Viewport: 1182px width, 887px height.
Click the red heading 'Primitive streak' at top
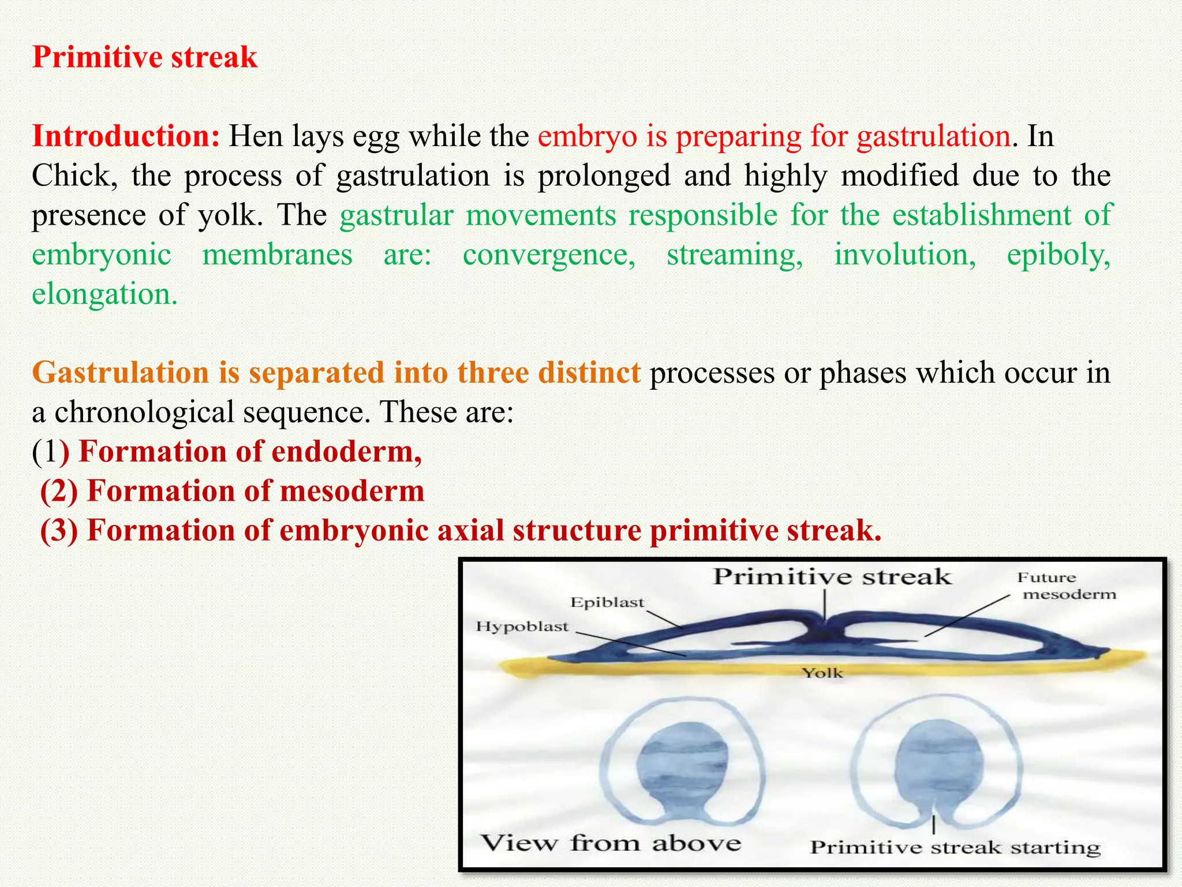point(144,58)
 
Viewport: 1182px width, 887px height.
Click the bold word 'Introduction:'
point(126,137)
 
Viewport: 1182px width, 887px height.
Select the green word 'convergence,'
point(549,255)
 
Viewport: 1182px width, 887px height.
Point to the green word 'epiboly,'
point(1058,255)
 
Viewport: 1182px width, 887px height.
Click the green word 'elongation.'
point(104,295)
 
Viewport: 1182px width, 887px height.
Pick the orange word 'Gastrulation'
point(121,373)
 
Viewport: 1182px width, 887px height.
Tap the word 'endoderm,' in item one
point(346,452)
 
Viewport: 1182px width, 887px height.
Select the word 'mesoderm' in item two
point(352,491)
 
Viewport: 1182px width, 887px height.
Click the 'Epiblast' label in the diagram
point(607,602)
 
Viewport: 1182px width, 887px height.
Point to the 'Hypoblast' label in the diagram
point(522,627)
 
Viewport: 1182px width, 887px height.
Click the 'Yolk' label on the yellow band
point(822,673)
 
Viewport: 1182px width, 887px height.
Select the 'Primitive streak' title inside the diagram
point(831,577)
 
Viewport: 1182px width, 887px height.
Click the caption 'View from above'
point(611,843)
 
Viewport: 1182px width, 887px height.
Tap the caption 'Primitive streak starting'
point(955,847)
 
